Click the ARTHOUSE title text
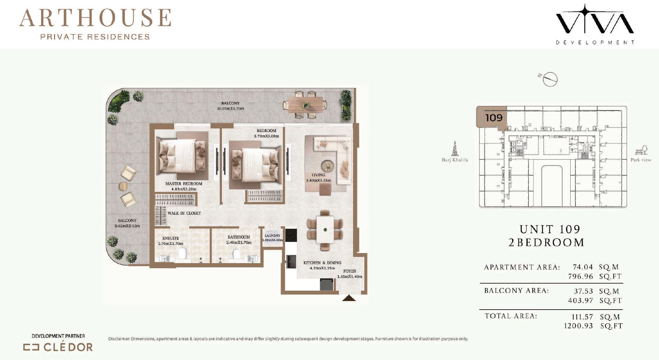(x=95, y=18)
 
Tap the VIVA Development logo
(x=595, y=24)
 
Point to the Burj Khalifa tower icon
(x=455, y=148)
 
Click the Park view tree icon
(x=641, y=150)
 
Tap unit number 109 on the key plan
(x=493, y=118)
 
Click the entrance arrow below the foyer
(x=349, y=298)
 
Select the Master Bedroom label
(x=184, y=184)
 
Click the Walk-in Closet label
(x=184, y=213)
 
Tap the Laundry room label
(x=273, y=236)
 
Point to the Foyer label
(x=350, y=271)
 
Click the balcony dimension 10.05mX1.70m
(x=231, y=109)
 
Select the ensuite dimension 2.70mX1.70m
(x=171, y=243)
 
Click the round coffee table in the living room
(x=328, y=165)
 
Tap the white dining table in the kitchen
(x=325, y=230)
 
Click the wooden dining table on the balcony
(x=305, y=105)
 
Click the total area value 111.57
(x=582, y=317)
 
